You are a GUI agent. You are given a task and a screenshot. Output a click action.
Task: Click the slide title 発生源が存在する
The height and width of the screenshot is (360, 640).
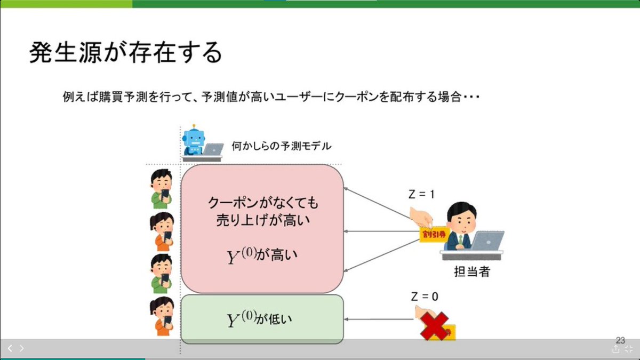click(x=125, y=53)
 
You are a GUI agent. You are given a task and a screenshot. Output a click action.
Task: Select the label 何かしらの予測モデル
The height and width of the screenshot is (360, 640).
click(x=281, y=145)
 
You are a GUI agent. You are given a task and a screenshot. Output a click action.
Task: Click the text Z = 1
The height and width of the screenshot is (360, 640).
click(x=421, y=195)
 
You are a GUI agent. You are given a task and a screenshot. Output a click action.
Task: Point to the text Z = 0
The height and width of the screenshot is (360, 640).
click(x=425, y=297)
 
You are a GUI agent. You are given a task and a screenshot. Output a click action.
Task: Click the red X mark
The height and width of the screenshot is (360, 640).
click(x=434, y=326)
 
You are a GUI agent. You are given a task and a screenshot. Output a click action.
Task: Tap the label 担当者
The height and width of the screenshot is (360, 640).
click(x=471, y=271)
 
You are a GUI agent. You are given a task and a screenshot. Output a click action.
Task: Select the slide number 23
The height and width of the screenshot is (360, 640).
click(x=620, y=340)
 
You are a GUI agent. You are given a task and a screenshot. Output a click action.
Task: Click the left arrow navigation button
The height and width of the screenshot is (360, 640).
click(x=10, y=348)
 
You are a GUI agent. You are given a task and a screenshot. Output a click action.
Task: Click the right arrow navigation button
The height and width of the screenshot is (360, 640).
click(x=22, y=348)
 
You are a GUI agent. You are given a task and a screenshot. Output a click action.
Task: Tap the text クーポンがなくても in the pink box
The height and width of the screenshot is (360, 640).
click(x=262, y=203)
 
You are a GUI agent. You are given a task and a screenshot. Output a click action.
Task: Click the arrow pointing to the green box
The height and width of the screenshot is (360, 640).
click(x=379, y=319)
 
